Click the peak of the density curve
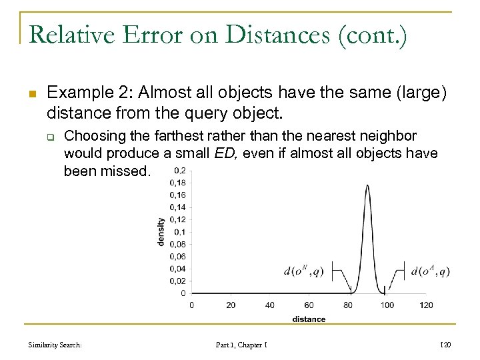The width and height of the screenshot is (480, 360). click(x=367, y=186)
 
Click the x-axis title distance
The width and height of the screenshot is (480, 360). click(x=309, y=319)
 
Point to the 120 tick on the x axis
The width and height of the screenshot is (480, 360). click(x=426, y=305)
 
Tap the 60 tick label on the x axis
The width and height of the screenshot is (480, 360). click(x=309, y=305)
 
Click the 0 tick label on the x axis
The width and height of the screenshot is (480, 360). click(x=192, y=305)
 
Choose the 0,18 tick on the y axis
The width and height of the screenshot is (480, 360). click(x=177, y=183)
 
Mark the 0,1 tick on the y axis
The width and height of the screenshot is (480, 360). click(x=179, y=231)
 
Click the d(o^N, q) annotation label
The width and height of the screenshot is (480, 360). click(x=305, y=271)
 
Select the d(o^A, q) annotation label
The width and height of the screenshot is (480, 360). click(x=431, y=271)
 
